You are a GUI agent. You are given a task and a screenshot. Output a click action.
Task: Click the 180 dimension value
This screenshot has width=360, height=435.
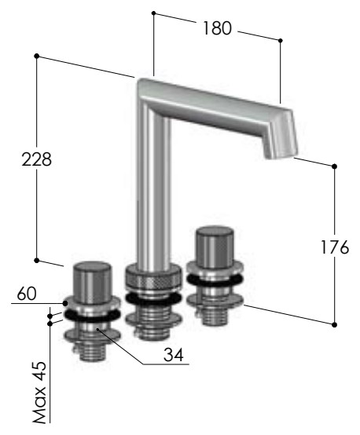(x=217, y=28)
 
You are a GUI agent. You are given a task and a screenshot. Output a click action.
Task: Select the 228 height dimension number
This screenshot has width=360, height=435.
(x=37, y=159)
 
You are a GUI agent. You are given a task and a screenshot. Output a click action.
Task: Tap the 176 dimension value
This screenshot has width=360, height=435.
(x=335, y=247)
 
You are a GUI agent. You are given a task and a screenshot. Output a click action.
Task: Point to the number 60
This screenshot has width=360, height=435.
(x=27, y=294)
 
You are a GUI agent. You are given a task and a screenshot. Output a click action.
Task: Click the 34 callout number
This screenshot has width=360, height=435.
(x=174, y=355)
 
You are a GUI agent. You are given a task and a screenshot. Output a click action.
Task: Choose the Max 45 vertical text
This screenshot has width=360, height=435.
(x=39, y=393)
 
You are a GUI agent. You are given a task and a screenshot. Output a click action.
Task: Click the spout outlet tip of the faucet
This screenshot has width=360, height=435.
(x=281, y=155)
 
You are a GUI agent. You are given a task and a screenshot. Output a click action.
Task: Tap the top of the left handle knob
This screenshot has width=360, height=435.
(x=92, y=267)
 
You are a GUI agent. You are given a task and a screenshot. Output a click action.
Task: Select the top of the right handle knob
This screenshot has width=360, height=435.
(x=215, y=232)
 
